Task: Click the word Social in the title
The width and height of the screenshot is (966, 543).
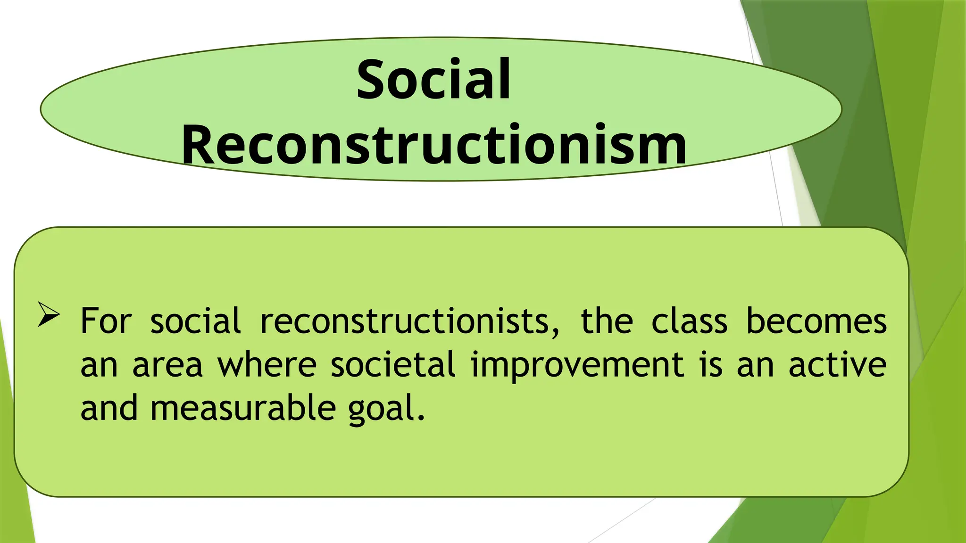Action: (433, 79)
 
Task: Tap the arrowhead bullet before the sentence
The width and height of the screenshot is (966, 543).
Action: (49, 315)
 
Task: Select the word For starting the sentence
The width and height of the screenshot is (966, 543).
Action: (106, 321)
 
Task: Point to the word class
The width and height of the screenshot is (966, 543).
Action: (689, 321)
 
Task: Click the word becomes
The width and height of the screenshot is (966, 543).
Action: (816, 321)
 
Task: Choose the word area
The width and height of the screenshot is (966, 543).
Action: (167, 365)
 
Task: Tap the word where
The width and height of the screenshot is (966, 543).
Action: (266, 365)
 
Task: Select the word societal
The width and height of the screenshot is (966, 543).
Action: (393, 365)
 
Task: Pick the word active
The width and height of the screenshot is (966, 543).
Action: (837, 365)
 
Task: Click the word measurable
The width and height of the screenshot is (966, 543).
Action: (243, 408)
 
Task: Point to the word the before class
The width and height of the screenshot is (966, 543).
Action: (607, 321)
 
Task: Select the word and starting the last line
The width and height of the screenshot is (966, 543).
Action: (109, 408)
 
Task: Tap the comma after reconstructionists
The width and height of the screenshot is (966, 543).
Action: (555, 332)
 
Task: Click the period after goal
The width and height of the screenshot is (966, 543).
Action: (421, 419)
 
